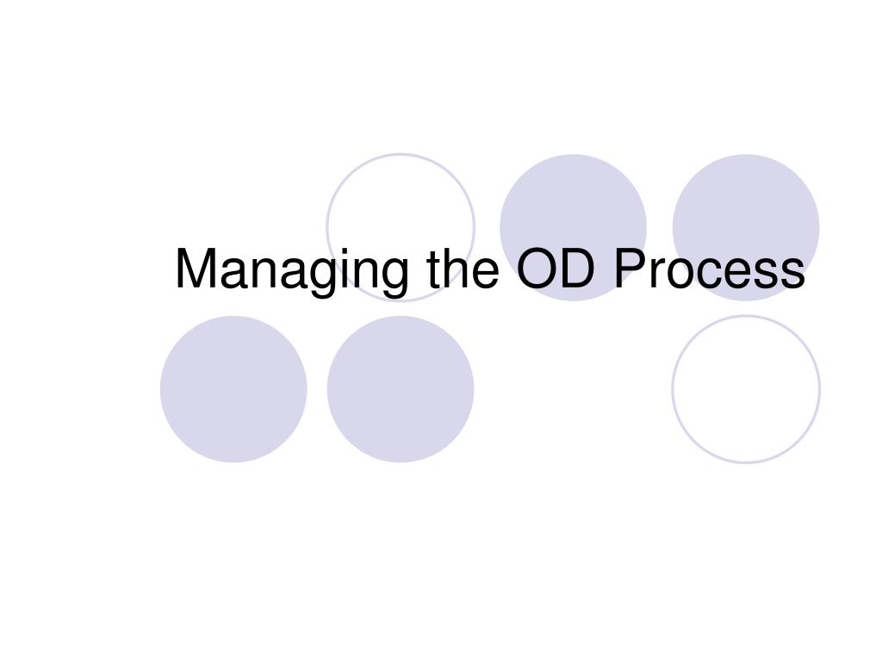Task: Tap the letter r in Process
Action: point(656,274)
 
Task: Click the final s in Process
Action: point(792,274)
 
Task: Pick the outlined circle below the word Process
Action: point(746,389)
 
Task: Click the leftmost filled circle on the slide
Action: point(233,389)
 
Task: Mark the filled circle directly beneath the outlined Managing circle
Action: point(401,389)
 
